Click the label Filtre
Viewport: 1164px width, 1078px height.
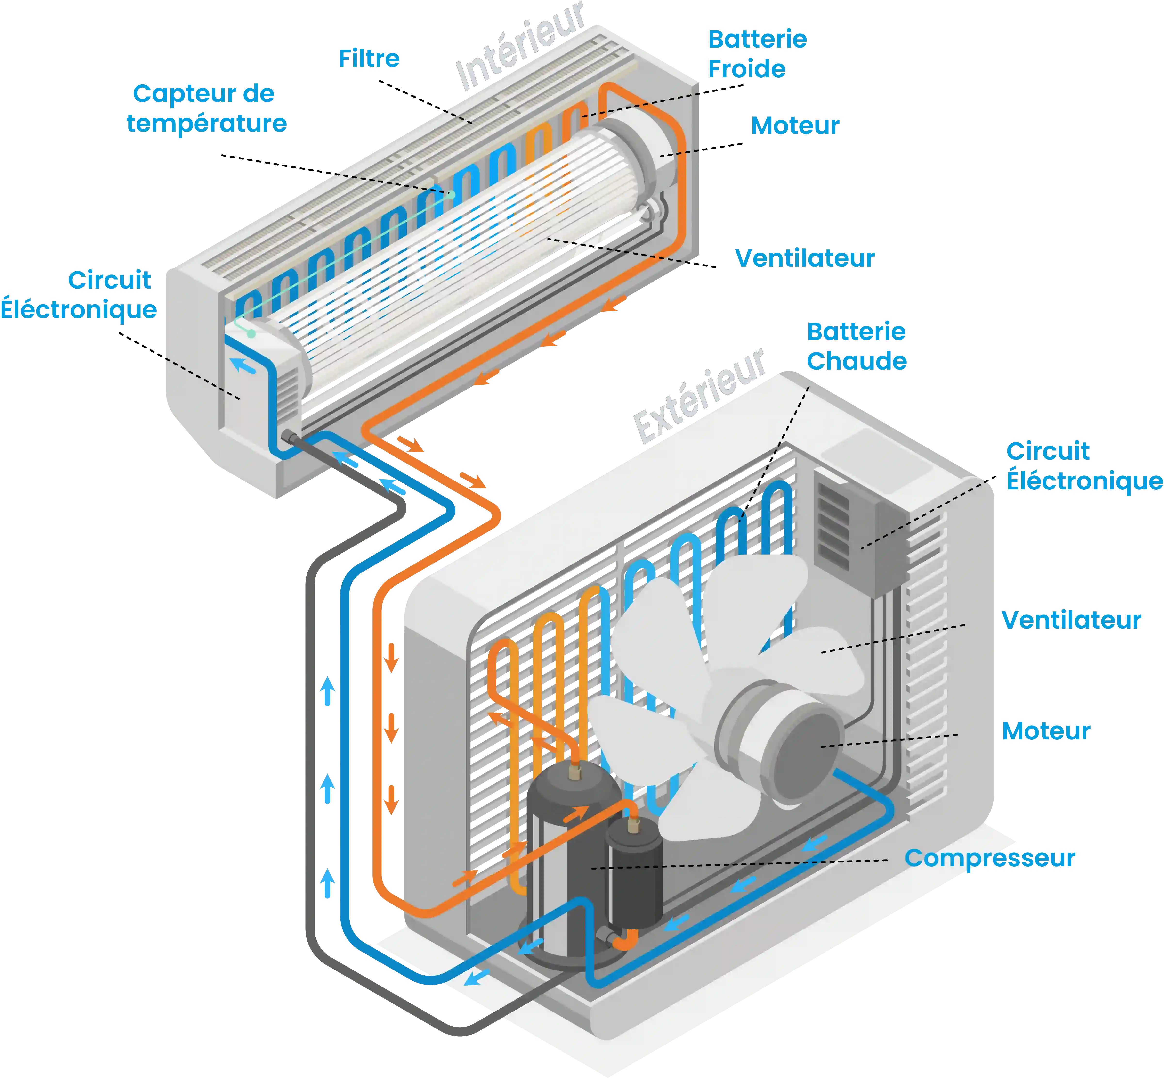369,58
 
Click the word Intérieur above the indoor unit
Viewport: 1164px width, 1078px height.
520,47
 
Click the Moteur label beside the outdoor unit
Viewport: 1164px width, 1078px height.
1046,730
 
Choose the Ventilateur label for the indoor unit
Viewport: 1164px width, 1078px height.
804,258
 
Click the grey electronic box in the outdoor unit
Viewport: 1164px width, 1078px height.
857,531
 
